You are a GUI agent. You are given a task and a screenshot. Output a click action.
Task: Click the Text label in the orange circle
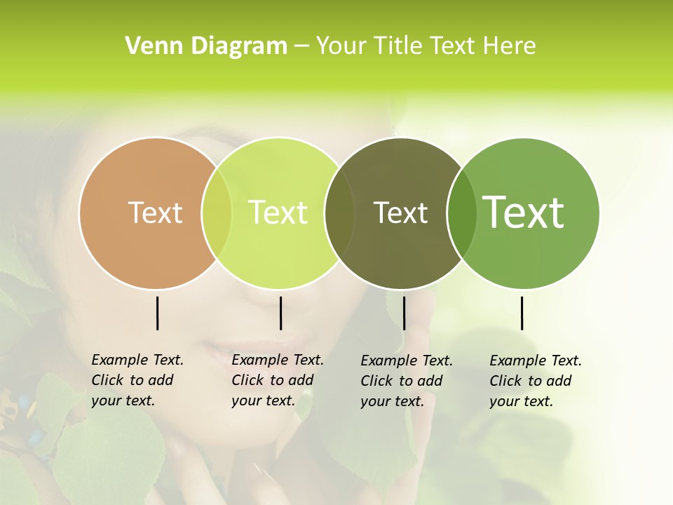(x=155, y=213)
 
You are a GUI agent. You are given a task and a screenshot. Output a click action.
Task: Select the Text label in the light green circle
(x=278, y=213)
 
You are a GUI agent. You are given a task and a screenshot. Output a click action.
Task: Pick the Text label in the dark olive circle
(x=400, y=213)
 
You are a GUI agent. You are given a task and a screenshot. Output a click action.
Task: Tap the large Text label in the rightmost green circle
(x=524, y=212)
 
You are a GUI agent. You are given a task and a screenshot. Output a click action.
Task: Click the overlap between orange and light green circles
(x=217, y=213)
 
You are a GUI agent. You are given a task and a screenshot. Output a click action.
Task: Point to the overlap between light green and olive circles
(x=339, y=213)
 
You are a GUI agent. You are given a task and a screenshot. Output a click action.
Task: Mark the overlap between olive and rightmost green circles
(x=461, y=213)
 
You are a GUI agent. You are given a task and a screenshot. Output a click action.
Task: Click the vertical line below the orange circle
(x=157, y=313)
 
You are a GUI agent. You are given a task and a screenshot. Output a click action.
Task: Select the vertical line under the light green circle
(x=280, y=313)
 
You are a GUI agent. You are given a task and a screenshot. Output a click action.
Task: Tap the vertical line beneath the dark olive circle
(x=404, y=313)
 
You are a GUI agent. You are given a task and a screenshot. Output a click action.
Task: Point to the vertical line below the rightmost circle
(x=522, y=313)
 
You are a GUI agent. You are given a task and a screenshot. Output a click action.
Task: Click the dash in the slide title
(x=301, y=47)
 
